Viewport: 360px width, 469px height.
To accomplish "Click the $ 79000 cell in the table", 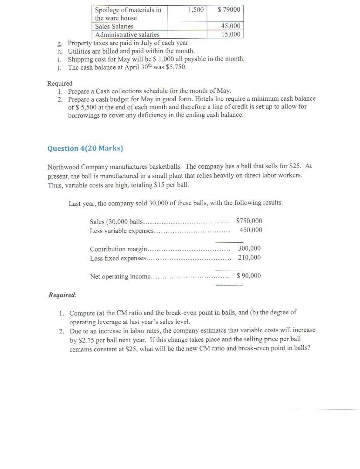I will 229,10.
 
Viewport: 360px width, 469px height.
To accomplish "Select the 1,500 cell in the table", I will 196,10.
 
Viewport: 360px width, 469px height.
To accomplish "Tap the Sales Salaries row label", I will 114,26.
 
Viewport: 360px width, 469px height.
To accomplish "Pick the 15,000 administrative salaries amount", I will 231,34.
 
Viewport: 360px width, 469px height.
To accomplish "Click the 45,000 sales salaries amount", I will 231,26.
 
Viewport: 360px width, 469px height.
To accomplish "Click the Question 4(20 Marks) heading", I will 85,148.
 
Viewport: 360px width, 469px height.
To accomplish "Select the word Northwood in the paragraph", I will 63,166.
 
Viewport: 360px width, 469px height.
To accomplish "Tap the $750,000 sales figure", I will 249,221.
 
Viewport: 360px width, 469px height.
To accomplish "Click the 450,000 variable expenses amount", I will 251,230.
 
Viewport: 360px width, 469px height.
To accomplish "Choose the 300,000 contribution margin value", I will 249,248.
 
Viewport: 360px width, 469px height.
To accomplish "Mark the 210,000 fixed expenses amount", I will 249,257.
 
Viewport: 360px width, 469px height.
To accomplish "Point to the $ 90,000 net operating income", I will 248,275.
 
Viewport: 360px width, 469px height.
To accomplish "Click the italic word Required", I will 62,295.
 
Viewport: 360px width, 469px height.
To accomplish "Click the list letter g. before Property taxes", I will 60,43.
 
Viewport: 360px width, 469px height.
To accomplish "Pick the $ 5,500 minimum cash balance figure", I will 82,107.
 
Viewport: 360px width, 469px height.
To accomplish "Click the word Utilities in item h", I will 79,51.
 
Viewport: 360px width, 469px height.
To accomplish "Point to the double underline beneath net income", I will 229,285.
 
